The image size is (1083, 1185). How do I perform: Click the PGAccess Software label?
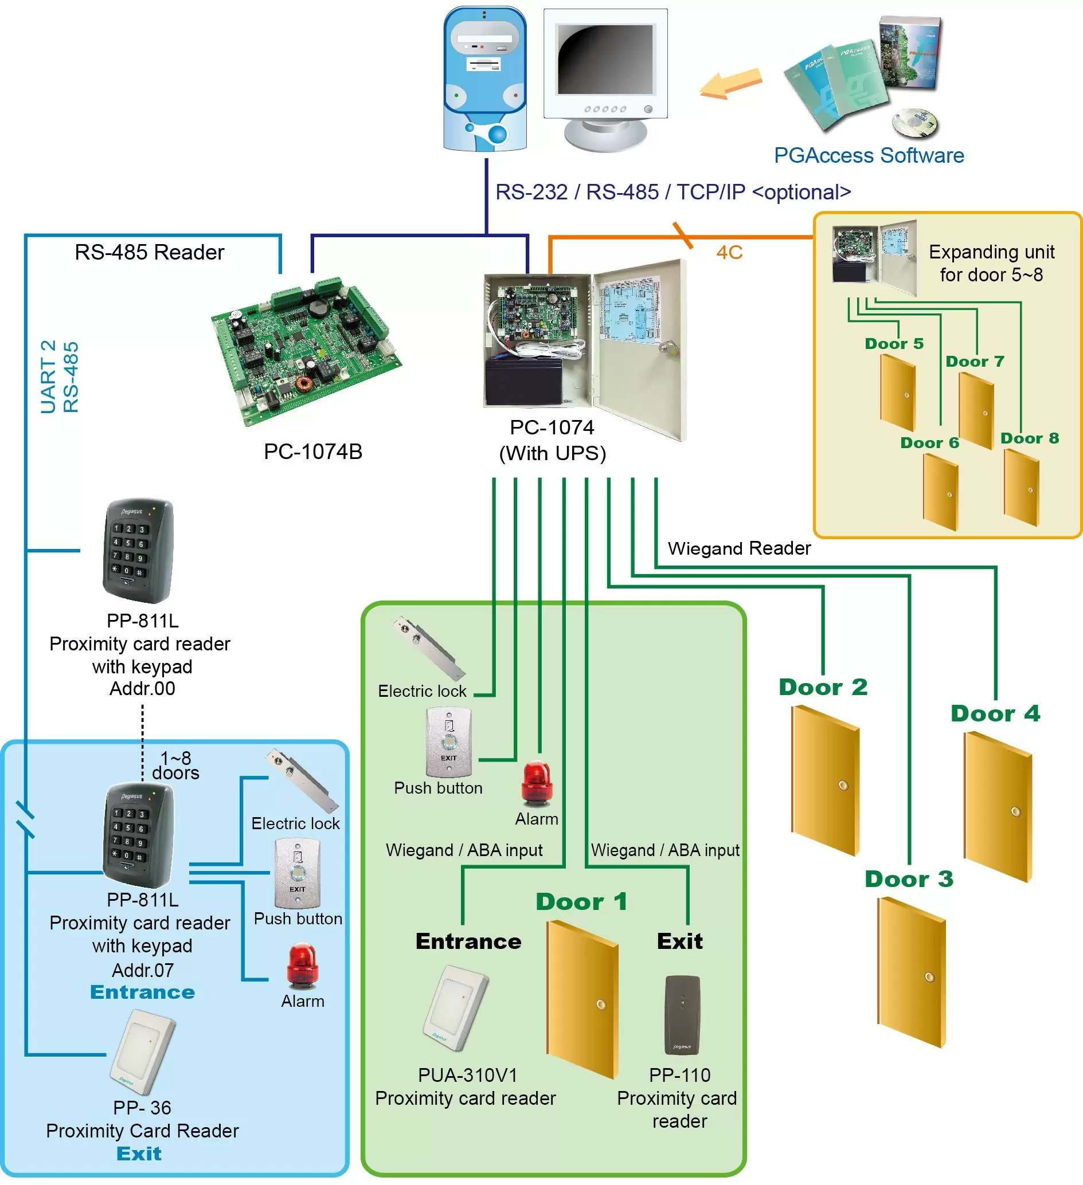point(869,155)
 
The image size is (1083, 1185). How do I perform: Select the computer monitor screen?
point(605,59)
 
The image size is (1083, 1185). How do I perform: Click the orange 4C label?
point(729,253)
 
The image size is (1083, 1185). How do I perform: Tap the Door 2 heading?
point(823,687)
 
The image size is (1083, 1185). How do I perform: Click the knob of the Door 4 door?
point(1015,812)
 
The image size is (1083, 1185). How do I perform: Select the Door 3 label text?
point(908,880)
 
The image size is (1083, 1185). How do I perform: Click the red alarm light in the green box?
point(536,782)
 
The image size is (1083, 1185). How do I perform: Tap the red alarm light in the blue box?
point(302,965)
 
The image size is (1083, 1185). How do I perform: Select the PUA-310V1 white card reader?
point(456,1007)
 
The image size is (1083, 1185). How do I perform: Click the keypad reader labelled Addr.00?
point(139,551)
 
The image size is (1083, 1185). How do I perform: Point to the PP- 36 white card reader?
point(143,1051)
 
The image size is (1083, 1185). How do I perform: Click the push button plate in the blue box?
point(298,873)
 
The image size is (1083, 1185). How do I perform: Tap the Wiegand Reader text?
point(739,548)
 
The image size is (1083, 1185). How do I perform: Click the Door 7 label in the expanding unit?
point(974,362)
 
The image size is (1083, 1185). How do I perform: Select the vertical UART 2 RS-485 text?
point(60,377)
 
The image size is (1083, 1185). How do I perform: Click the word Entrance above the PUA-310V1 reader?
point(468,941)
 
